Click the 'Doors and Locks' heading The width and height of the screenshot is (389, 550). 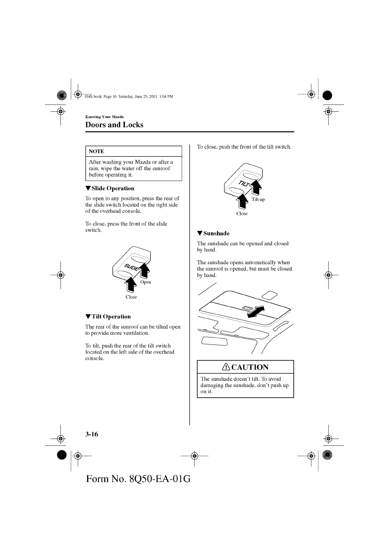tap(114, 125)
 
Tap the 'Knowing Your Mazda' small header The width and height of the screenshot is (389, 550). tap(104, 117)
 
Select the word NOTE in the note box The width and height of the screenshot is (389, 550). tap(96, 151)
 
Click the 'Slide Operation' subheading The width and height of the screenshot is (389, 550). tap(113, 188)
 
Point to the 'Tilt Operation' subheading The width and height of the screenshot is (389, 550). tap(111, 316)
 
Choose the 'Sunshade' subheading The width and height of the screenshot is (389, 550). tap(216, 233)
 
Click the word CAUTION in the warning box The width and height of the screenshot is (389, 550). tap(250, 367)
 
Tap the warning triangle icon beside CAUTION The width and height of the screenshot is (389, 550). tap(226, 367)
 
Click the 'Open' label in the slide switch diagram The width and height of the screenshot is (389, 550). tap(145, 282)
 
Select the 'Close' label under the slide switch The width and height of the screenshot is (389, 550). tap(131, 297)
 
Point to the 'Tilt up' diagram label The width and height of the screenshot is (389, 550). tap(258, 199)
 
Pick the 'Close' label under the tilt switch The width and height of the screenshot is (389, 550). tap(242, 213)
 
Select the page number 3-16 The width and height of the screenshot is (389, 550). tap(92, 434)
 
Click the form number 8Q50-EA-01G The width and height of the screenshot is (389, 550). tap(138, 479)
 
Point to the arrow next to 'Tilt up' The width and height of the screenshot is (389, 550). tap(257, 188)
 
